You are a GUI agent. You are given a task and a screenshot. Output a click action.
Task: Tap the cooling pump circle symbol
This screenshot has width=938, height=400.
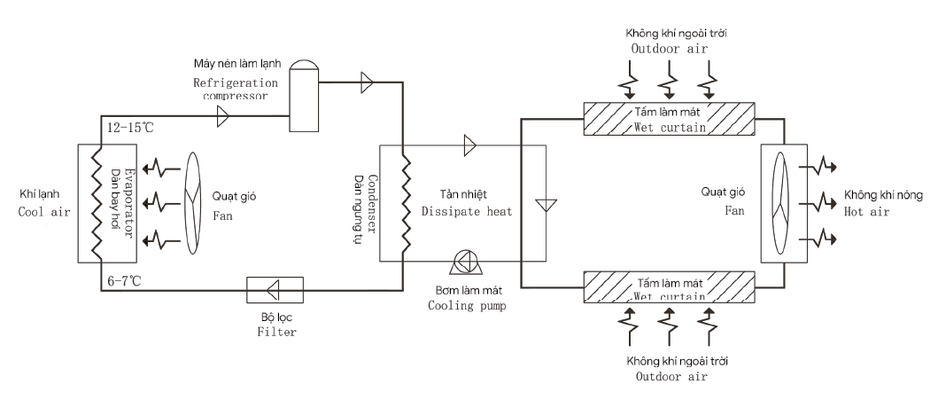(465, 261)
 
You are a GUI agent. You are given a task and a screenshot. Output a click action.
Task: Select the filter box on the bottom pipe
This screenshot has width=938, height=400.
(275, 290)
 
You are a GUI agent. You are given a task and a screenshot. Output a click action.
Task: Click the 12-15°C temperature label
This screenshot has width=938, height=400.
(128, 128)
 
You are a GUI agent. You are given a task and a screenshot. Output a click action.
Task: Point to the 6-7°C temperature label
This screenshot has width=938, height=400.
(124, 281)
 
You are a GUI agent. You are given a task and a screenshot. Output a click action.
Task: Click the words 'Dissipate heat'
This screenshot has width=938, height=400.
(467, 211)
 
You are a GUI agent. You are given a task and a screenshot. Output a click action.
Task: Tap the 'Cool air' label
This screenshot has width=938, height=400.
(44, 211)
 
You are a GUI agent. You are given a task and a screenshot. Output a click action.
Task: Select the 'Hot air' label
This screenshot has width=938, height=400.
(866, 211)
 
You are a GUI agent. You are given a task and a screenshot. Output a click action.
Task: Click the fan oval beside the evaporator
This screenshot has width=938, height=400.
(193, 204)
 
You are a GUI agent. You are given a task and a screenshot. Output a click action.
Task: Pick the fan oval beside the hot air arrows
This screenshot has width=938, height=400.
(782, 205)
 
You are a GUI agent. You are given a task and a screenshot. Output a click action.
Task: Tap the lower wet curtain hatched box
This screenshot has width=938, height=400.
(670, 287)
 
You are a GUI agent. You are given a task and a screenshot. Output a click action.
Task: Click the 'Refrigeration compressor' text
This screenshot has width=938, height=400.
(236, 89)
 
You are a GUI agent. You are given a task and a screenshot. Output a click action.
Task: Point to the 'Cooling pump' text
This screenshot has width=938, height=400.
(467, 305)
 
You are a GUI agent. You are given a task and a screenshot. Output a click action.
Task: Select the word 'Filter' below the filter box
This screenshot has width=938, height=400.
(277, 332)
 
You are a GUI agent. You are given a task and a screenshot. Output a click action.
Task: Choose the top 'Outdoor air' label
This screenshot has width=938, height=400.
(670, 49)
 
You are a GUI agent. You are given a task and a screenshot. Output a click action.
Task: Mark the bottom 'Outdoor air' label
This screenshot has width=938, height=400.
(671, 377)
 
